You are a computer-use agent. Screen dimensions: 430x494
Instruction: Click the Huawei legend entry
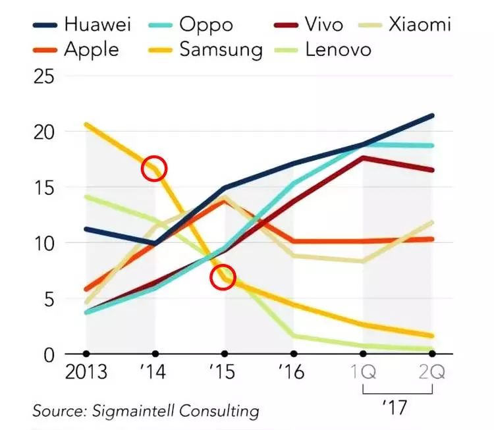97,26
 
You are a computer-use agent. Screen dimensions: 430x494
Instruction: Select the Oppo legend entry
206,26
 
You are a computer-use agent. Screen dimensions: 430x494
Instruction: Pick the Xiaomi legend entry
419,26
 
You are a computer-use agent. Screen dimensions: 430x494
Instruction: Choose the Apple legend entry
91,49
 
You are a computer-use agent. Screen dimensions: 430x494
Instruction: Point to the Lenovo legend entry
338,49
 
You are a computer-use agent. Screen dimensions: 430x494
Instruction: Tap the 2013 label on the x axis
86,373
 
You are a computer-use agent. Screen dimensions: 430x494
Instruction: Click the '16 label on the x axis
291,373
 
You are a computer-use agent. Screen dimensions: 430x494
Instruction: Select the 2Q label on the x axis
432,373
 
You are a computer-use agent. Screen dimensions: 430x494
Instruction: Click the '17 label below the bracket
396,408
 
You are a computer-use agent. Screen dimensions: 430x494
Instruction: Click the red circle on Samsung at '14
155,169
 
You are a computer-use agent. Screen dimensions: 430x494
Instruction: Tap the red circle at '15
223,277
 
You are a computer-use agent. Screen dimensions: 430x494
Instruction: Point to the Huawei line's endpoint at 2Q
432,116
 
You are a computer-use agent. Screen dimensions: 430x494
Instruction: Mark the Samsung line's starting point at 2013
86,124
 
